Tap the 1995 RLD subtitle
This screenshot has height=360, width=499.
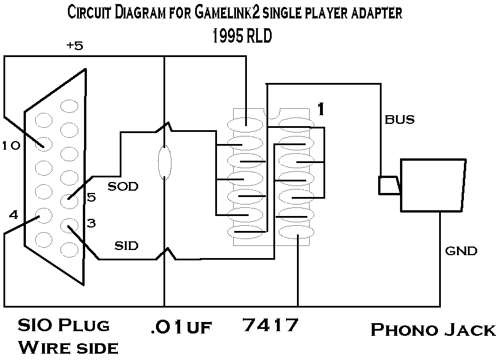tap(242, 36)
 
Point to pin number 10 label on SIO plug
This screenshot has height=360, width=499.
tap(11, 146)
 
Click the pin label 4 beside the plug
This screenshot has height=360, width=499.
tap(14, 215)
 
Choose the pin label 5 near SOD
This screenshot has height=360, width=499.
tap(92, 198)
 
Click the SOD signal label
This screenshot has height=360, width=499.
tap(123, 187)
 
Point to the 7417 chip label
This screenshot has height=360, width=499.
tap(271, 325)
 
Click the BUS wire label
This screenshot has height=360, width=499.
tap(399, 120)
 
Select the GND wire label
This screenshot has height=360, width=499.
tap(462, 251)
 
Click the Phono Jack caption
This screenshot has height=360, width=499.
tap(433, 329)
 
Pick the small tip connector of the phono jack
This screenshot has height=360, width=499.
tap(388, 185)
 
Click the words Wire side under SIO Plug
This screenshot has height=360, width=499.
tap(68, 347)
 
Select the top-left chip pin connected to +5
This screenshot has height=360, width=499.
tap(246, 123)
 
